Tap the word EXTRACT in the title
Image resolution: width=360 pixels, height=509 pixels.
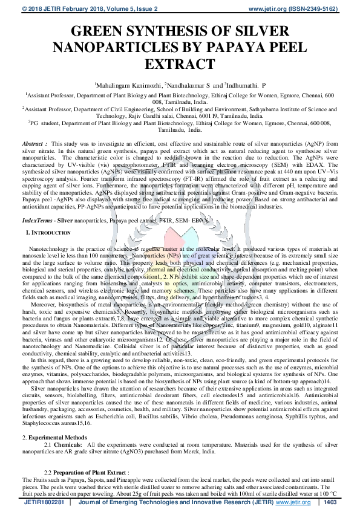[x=180, y=63]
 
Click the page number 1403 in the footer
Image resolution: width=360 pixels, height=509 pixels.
[x=330, y=502]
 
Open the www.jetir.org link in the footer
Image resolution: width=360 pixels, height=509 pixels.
[x=286, y=502]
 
